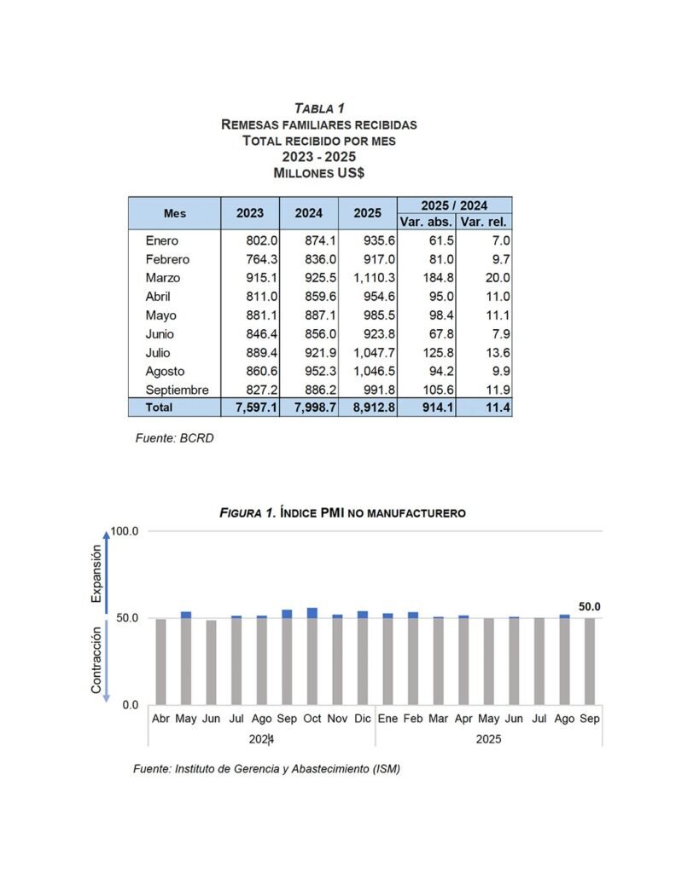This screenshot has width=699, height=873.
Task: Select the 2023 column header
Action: tap(250, 213)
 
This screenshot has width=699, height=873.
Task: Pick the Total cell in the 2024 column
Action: tap(309, 408)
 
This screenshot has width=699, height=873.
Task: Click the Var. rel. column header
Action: tap(484, 222)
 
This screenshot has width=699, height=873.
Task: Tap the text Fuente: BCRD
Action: tap(174, 438)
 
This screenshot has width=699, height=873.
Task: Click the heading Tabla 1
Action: tap(319, 108)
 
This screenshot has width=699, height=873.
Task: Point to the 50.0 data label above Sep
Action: tap(589, 607)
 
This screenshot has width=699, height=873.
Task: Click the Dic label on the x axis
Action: tap(363, 719)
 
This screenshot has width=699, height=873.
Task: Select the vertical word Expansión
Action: tap(96, 574)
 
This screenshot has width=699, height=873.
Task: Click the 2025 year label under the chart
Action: tap(488, 739)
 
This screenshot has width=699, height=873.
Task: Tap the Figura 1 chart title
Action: tap(342, 513)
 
